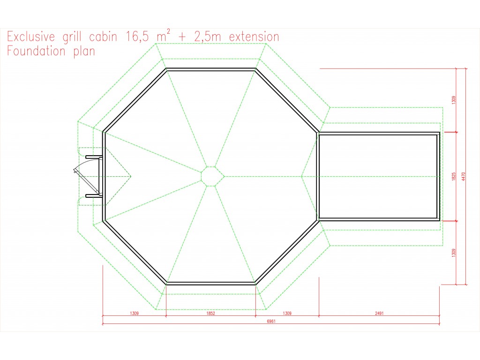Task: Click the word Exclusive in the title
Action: pos(31,37)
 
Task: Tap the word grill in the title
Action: pos(72,37)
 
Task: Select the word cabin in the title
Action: pos(103,37)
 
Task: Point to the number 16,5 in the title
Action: pos(137,37)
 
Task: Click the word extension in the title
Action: pos(254,37)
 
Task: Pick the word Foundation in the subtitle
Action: pos(37,51)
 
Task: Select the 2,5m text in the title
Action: pos(207,37)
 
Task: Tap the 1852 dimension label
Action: pos(210,313)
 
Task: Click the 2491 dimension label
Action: pos(379,313)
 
